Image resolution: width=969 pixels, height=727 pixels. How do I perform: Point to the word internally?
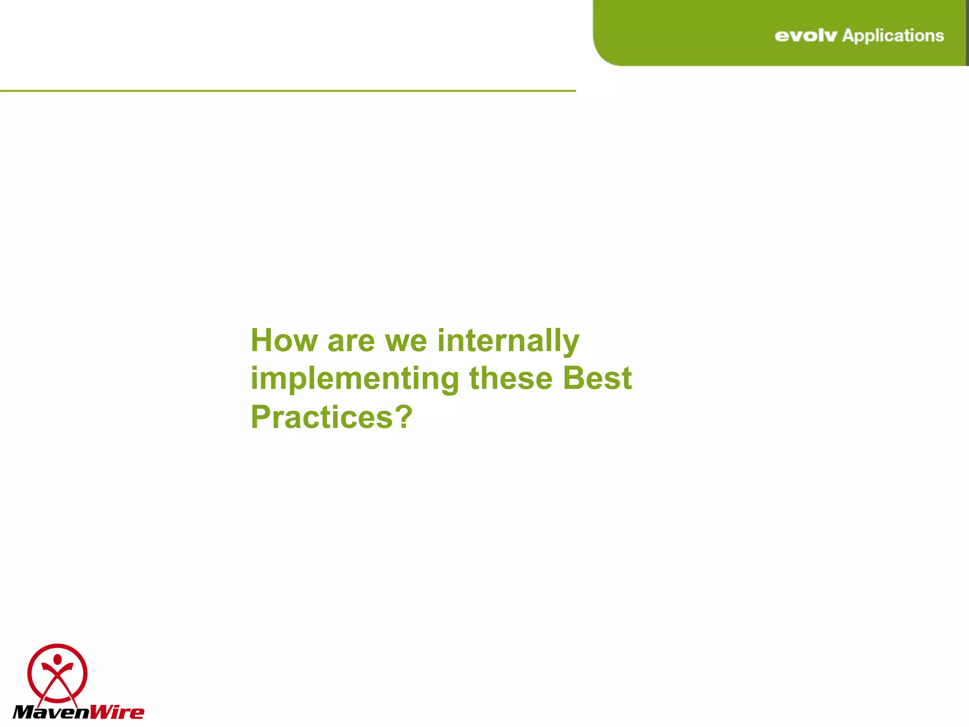(x=508, y=341)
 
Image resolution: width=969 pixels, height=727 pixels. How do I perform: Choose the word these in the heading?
(x=511, y=379)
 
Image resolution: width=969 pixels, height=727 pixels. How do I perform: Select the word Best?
(x=597, y=379)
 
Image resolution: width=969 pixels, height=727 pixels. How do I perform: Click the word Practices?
(x=322, y=417)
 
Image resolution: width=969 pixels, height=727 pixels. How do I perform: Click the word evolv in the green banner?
(x=805, y=36)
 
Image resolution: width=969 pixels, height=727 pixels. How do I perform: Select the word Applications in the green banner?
(x=893, y=36)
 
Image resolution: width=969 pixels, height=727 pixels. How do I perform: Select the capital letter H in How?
(x=260, y=341)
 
